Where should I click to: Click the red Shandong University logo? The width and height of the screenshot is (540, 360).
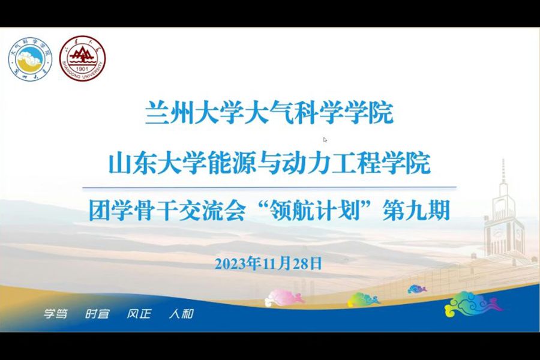click(85, 58)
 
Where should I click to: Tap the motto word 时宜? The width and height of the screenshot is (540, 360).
click(97, 314)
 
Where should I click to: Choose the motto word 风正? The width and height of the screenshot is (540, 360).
click(139, 314)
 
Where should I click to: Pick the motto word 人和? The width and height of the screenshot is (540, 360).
click(181, 314)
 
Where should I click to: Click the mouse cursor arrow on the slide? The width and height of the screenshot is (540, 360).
click(325, 140)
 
